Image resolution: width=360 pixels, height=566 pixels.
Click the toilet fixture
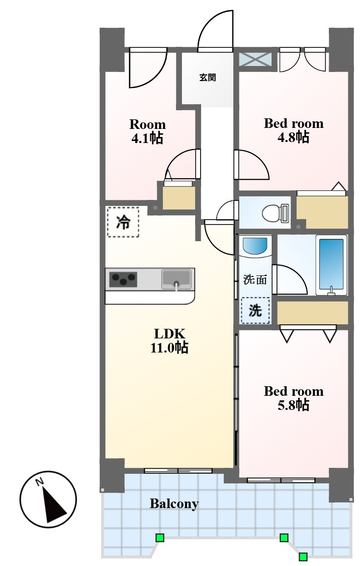[276, 213]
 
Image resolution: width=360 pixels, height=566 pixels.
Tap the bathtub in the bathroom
[331, 265]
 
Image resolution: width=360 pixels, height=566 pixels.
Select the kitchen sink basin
[176, 279]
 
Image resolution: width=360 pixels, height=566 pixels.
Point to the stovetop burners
[123, 279]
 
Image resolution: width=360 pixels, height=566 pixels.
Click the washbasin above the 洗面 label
[255, 246]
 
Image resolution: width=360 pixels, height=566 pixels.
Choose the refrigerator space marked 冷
[123, 222]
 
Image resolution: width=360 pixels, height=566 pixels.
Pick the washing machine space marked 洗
[255, 310]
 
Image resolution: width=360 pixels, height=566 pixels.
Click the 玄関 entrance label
[208, 77]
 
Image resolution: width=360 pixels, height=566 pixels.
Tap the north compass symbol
[48, 500]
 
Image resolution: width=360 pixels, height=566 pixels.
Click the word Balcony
[174, 504]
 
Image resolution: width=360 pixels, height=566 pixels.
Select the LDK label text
[169, 333]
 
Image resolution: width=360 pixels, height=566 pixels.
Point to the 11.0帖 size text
[169, 347]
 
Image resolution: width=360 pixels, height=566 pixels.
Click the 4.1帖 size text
[147, 138]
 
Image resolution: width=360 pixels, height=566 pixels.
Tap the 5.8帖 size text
[293, 405]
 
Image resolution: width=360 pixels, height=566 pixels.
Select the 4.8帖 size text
[293, 137]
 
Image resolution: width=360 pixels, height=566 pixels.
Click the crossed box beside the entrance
[255, 59]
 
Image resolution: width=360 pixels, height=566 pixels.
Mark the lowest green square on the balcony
[303, 556]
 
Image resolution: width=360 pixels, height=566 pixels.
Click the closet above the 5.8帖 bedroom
[312, 313]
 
